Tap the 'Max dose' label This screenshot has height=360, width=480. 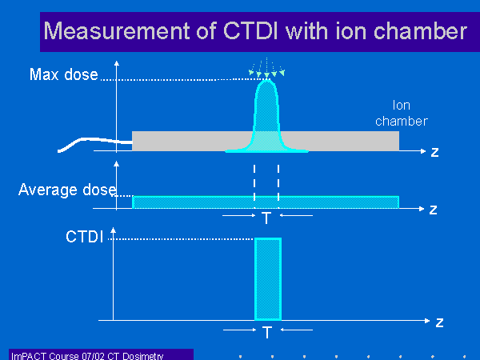64,74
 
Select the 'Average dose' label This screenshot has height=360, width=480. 68,190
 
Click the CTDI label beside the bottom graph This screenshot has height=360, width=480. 85,237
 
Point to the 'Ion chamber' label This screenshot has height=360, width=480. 402,114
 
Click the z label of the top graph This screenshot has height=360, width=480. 434,152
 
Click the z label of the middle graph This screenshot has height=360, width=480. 433,210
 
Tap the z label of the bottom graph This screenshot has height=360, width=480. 439,322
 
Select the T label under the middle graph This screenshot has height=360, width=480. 266,218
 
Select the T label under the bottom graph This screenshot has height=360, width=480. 267,333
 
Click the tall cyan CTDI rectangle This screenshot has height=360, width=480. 268,279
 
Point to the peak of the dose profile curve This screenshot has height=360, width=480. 267,80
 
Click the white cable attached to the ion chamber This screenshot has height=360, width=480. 92,140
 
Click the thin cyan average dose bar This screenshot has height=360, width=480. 266,202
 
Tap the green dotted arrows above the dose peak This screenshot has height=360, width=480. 267,67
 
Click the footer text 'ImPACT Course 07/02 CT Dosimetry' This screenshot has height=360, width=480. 87,356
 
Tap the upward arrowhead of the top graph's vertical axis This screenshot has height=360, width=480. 116,63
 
